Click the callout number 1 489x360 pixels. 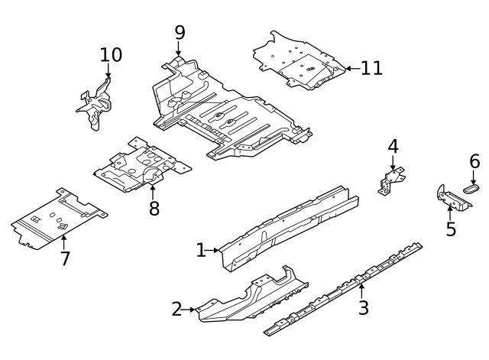201,250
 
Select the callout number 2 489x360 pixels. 177,310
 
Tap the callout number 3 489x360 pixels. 364,308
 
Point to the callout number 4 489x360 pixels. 393,145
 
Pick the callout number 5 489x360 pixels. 451,229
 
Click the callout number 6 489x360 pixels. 474,161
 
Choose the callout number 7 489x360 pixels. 65,258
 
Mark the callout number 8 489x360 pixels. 154,208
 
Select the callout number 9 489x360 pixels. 180,32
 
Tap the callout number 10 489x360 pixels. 111,54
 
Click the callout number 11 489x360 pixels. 371,68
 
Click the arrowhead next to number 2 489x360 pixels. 193,310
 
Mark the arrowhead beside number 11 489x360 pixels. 348,68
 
